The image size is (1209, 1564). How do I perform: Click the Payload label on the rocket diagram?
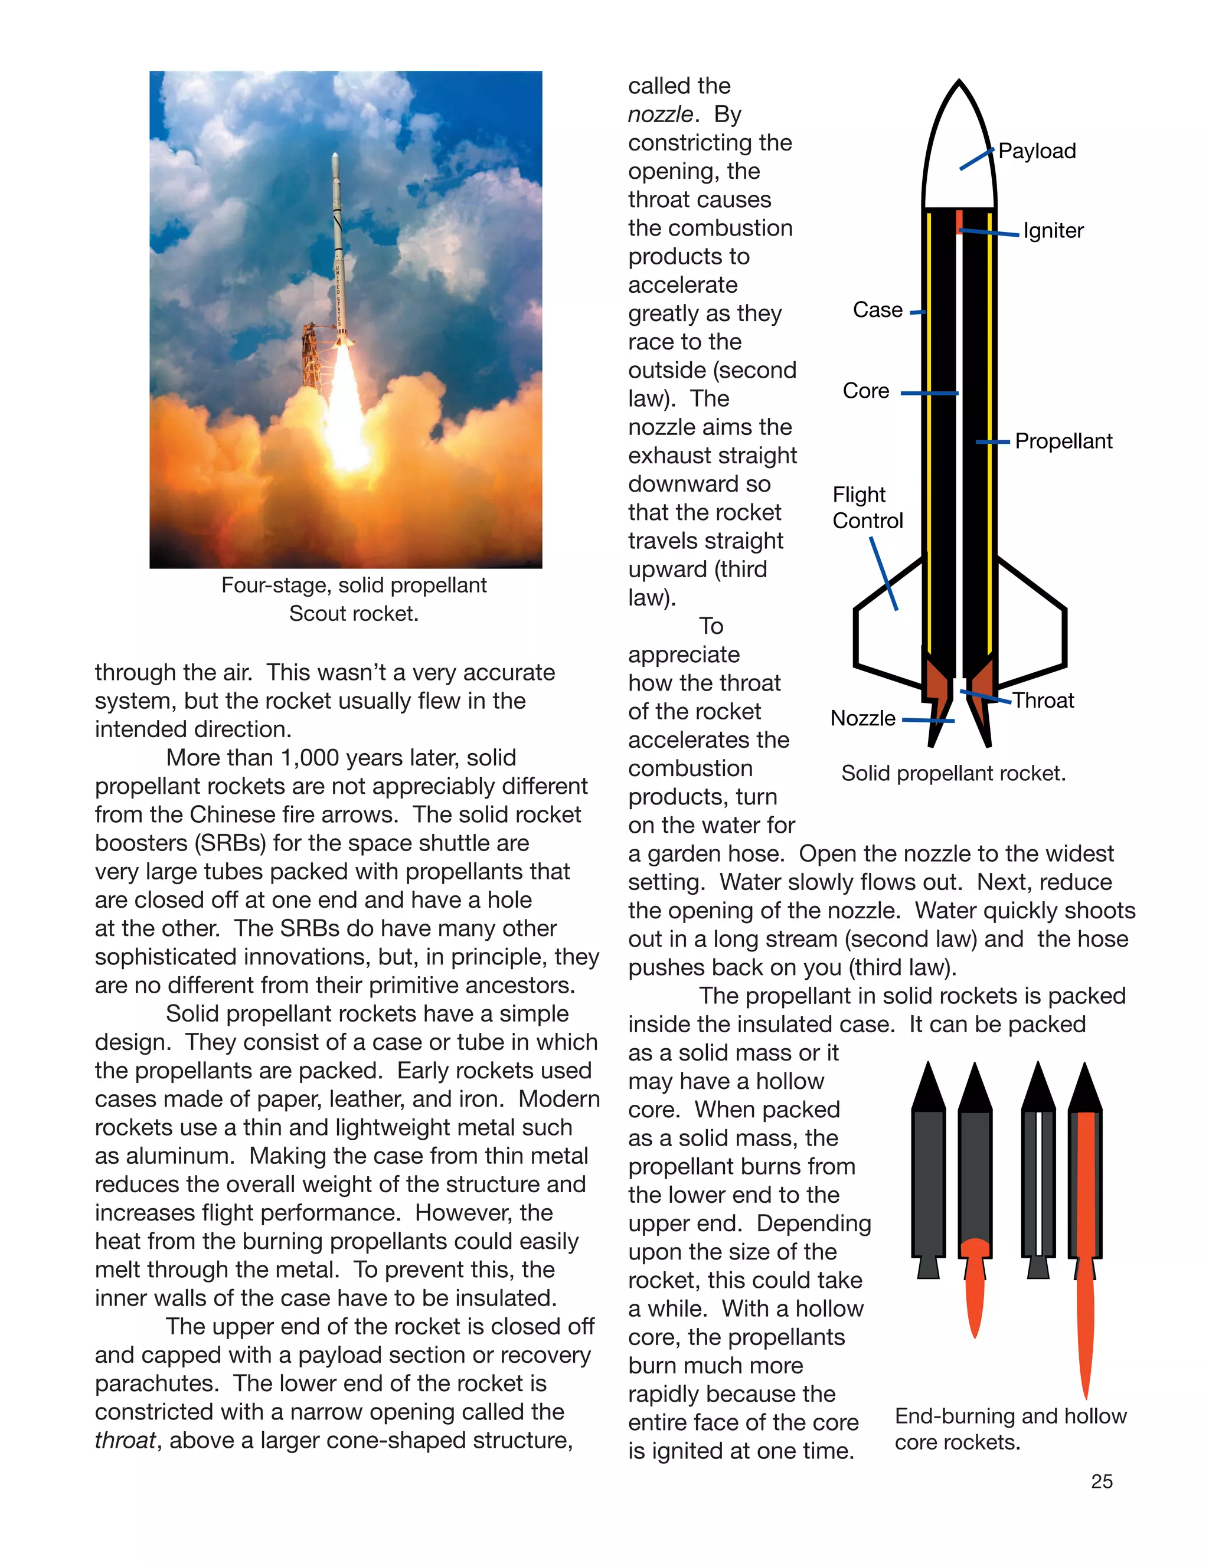coord(1037,151)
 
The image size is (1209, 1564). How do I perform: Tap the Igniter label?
coord(1053,231)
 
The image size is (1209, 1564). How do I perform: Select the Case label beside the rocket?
coord(877,310)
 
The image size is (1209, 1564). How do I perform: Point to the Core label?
coord(866,391)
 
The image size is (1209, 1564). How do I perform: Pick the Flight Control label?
coord(867,508)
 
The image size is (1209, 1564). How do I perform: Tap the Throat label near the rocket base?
coord(1043,701)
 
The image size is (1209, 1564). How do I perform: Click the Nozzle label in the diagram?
coord(862,718)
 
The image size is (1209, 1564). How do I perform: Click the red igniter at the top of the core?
coord(959,222)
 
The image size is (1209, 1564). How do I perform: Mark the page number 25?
coord(1102,1481)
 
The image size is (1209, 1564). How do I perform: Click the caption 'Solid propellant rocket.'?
coord(953,773)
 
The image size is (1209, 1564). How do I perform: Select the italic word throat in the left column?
coord(124,1440)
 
